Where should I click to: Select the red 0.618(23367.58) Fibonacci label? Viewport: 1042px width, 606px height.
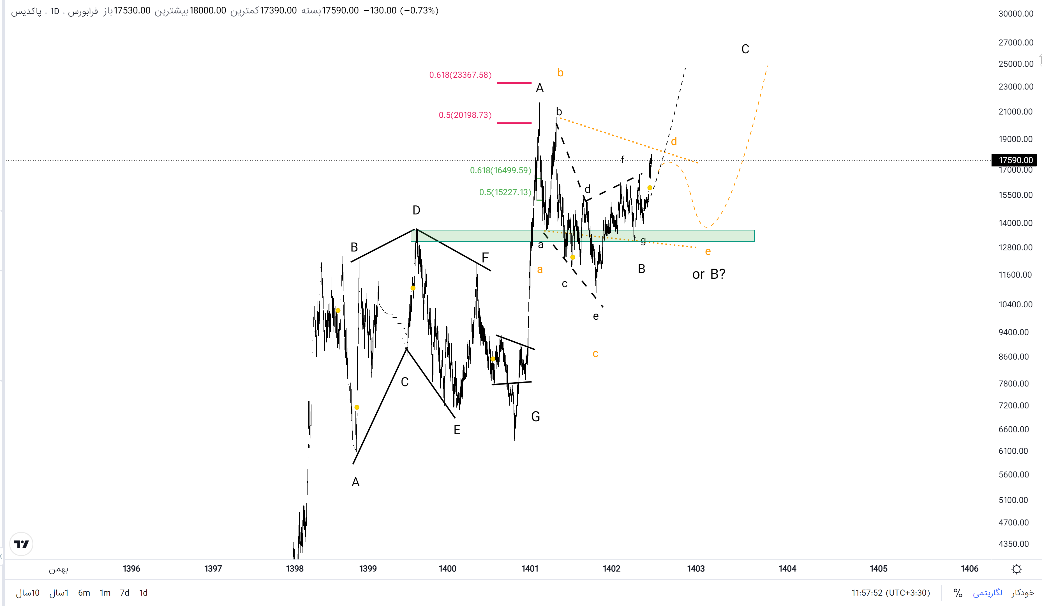click(460, 75)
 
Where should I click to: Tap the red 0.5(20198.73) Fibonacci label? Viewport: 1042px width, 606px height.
click(465, 115)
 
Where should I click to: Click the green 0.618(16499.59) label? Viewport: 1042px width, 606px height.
click(500, 170)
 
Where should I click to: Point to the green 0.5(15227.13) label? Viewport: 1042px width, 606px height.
click(505, 192)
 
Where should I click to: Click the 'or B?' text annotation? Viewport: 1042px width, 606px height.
click(708, 274)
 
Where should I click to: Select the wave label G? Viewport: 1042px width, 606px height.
click(535, 417)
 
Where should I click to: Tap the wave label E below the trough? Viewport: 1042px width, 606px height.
click(457, 430)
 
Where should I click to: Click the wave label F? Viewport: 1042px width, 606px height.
click(485, 257)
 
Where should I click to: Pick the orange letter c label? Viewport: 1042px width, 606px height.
click(595, 353)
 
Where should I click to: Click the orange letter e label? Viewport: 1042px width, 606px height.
click(708, 251)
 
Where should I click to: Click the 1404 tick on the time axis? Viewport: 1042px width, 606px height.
click(787, 569)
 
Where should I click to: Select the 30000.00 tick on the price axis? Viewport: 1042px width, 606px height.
click(1016, 14)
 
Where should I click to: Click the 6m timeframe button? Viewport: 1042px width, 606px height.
click(84, 593)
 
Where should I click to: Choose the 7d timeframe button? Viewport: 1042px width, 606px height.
click(124, 593)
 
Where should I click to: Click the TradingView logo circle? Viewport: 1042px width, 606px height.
click(21, 544)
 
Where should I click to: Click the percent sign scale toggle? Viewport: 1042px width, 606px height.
click(958, 593)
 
